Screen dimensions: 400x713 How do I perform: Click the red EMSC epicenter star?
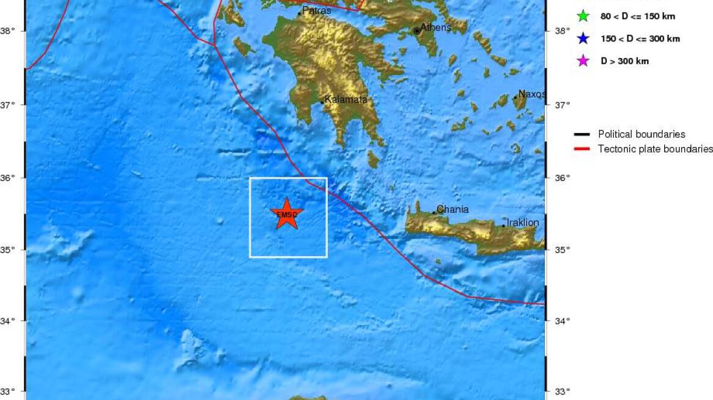click(286, 213)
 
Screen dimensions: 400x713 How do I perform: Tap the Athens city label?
click(436, 27)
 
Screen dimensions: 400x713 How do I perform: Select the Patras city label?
click(317, 10)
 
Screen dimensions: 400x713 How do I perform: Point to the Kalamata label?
click(346, 99)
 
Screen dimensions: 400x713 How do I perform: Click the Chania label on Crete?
click(452, 209)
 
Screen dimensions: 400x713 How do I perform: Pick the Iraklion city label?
click(523, 223)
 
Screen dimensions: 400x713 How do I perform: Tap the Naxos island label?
click(531, 94)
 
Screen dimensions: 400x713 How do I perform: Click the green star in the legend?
click(583, 16)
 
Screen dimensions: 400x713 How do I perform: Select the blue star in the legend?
click(583, 38)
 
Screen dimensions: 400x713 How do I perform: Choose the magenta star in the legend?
click(583, 61)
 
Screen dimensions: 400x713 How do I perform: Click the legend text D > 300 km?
click(625, 61)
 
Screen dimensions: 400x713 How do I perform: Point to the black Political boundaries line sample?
click(582, 134)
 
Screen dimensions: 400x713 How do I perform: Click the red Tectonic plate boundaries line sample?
click(582, 149)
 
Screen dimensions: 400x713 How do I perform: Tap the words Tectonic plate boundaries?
click(655, 149)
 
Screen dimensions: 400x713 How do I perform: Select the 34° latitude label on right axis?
click(562, 321)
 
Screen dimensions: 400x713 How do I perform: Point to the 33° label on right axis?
click(562, 391)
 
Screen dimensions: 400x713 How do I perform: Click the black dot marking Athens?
click(417, 30)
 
